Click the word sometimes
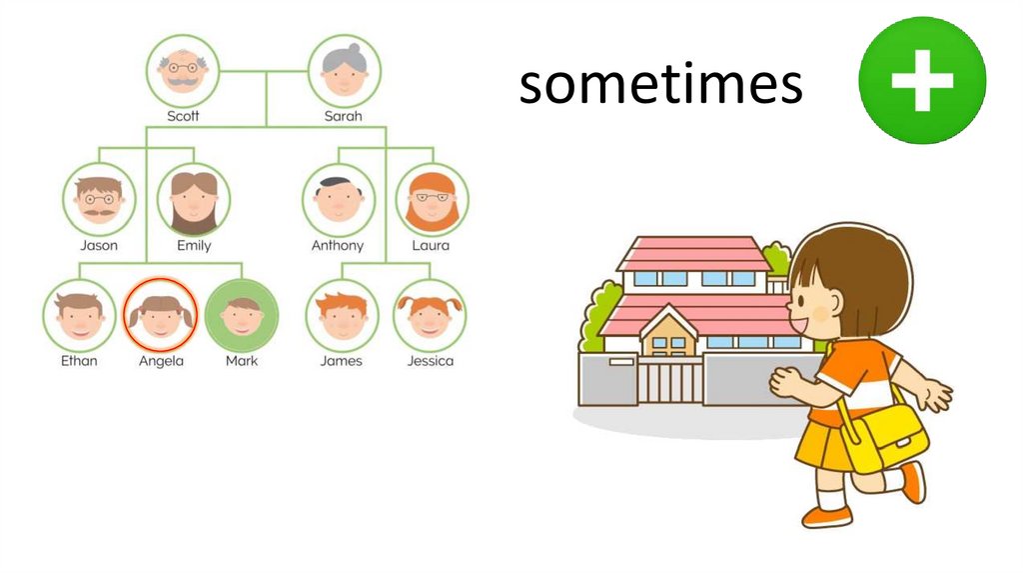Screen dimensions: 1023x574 click(660, 84)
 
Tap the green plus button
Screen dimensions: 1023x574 click(922, 80)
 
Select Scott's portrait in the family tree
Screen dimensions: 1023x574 click(183, 71)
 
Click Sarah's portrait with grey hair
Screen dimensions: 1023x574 click(344, 71)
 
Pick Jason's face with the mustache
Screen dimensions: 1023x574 click(99, 199)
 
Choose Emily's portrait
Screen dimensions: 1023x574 click(194, 199)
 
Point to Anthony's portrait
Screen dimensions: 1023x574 click(338, 199)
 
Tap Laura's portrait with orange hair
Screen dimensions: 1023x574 click(431, 199)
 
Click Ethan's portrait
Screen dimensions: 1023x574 click(79, 315)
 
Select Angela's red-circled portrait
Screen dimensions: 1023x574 click(161, 315)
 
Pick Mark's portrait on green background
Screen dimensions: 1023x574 click(242, 315)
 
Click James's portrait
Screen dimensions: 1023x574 click(341, 315)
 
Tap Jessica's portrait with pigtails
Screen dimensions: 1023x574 click(430, 315)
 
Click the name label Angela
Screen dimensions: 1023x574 click(161, 361)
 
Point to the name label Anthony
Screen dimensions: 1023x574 click(338, 245)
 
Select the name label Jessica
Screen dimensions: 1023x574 click(430, 361)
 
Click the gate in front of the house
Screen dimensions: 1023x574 click(670, 381)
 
